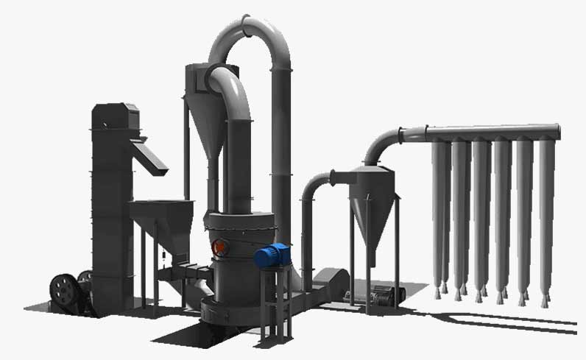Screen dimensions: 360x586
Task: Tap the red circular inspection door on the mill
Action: tap(218, 248)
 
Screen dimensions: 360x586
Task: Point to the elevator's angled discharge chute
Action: tap(151, 157)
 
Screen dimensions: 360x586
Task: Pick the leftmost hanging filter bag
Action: tap(440, 213)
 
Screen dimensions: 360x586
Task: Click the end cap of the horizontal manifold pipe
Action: tap(557, 132)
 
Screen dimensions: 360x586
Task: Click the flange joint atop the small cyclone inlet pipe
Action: tap(333, 176)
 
